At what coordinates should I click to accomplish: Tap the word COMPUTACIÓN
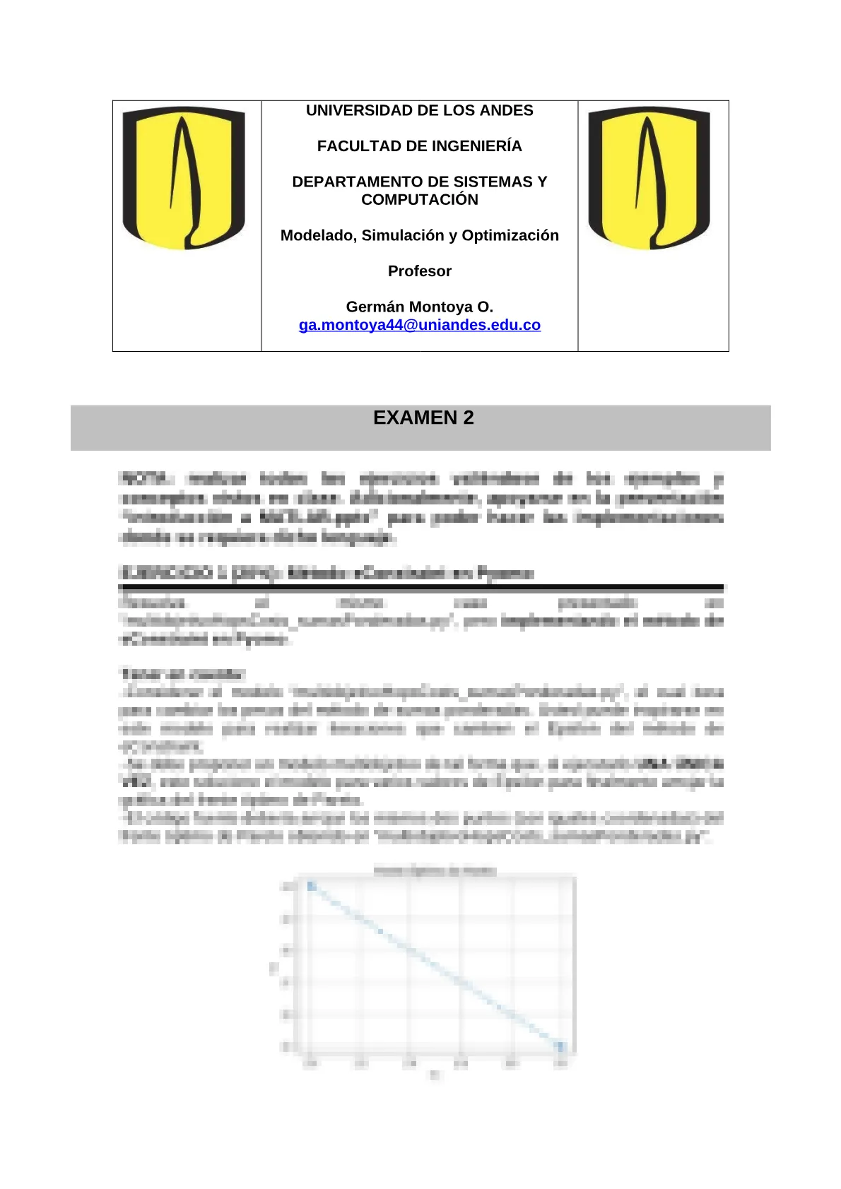[x=420, y=200]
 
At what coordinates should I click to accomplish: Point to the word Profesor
[x=420, y=271]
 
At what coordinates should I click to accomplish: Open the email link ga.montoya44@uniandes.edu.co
[x=420, y=326]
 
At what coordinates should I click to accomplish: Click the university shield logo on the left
[x=184, y=178]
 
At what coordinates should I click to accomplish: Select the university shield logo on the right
[x=649, y=178]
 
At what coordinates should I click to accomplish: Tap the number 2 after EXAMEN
[x=469, y=418]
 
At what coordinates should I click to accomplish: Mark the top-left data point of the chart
[x=310, y=885]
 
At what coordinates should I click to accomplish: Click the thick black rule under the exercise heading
[x=421, y=587]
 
